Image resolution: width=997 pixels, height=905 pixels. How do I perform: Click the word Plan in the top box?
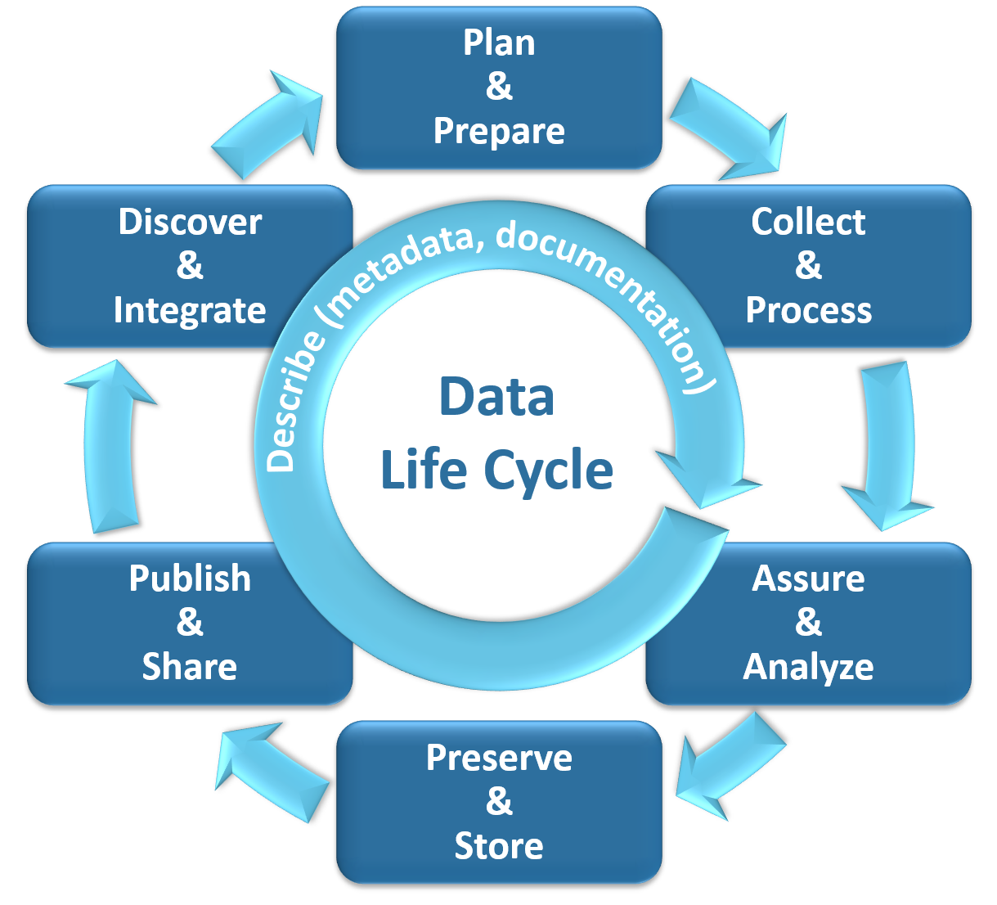[499, 43]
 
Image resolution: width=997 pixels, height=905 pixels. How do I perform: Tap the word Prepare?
[499, 131]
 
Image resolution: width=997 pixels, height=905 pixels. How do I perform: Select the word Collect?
[808, 222]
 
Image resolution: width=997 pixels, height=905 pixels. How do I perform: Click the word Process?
[808, 310]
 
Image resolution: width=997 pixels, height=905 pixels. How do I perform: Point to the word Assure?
[808, 579]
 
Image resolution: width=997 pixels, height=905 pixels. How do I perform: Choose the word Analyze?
[808, 667]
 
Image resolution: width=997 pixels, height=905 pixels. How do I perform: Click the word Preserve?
[499, 758]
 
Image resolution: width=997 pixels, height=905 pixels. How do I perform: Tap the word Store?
[499, 846]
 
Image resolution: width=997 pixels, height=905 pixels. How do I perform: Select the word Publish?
[190, 579]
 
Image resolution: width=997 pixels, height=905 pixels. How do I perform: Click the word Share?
[190, 667]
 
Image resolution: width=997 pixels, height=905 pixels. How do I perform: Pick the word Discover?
[190, 222]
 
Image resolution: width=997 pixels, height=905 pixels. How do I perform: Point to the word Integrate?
[190, 310]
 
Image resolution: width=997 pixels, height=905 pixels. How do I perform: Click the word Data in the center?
[496, 397]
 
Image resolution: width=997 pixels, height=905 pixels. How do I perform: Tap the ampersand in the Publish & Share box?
[190, 623]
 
